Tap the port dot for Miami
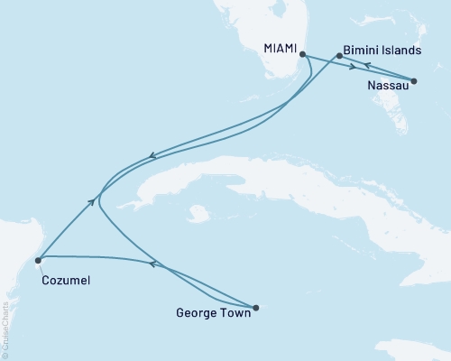301,55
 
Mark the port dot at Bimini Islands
338,56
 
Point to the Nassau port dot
414,81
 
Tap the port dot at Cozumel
38,260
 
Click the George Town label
212,316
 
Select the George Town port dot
256,308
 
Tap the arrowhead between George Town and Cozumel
152,264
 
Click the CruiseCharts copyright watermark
5,316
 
